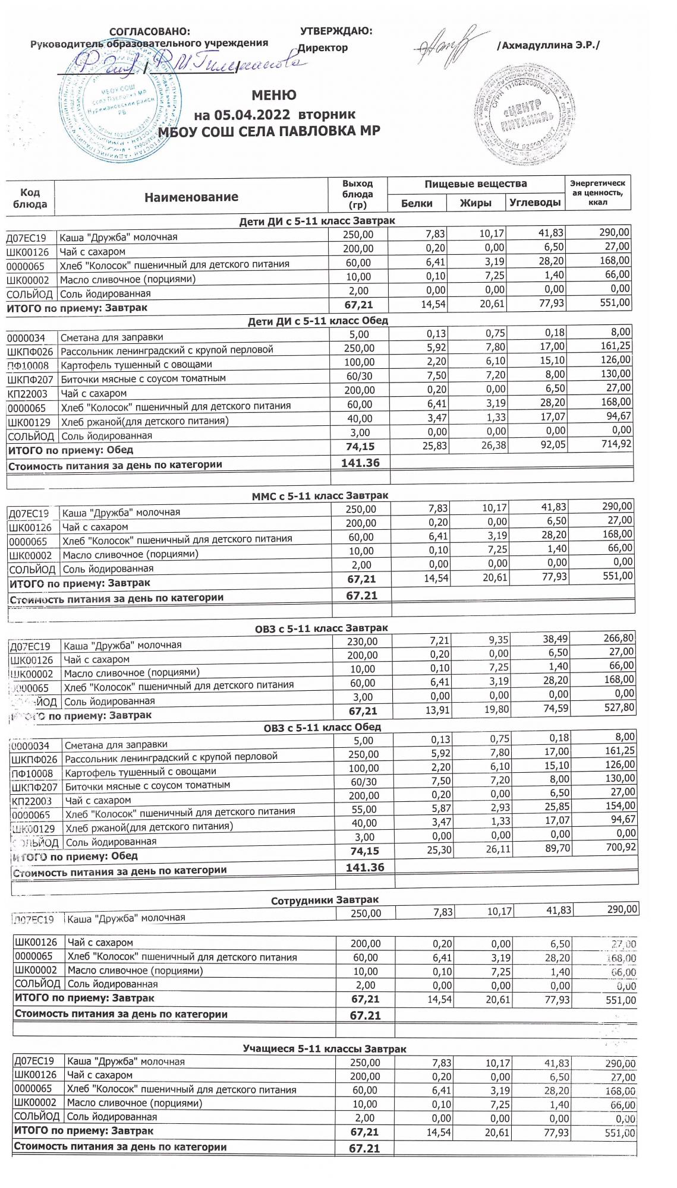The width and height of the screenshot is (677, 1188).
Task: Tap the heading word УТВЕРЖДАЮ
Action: pyautogui.click(x=336, y=31)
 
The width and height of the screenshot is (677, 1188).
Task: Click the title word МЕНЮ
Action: pyautogui.click(x=274, y=95)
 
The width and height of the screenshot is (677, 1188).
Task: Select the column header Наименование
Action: pyautogui.click(x=191, y=197)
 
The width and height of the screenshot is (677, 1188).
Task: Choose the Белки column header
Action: pyautogui.click(x=417, y=203)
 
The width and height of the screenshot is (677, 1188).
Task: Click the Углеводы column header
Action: pyautogui.click(x=535, y=203)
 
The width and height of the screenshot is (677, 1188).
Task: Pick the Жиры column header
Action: pyautogui.click(x=476, y=203)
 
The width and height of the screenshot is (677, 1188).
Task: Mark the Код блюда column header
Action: pyautogui.click(x=30, y=198)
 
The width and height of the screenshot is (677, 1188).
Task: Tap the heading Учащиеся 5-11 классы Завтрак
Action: pyautogui.click(x=325, y=1049)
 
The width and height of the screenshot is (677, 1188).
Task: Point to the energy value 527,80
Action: pyautogui.click(x=618, y=707)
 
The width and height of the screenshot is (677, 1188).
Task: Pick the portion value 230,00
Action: pyautogui.click(x=362, y=642)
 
